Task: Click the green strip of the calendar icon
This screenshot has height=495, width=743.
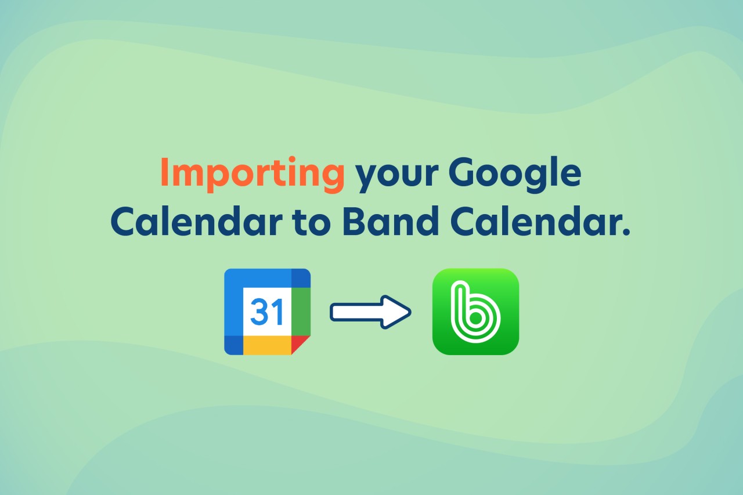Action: coord(300,311)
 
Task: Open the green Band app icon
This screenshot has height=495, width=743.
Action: coord(475,312)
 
